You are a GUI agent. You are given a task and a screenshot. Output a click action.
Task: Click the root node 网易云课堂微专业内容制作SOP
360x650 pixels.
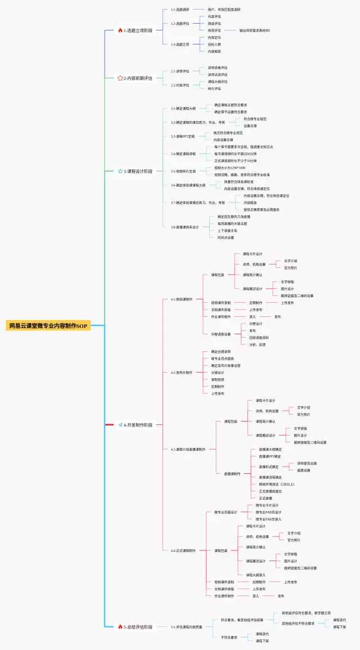click(48, 326)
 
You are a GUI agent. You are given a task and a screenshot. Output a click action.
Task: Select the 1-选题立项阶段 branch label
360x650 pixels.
click(138, 30)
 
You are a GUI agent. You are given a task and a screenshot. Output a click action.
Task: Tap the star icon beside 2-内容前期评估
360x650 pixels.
click(120, 78)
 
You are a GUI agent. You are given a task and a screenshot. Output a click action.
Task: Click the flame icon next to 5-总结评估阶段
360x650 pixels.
click(120, 626)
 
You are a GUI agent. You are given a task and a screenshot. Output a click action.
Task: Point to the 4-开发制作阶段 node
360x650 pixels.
click(138, 425)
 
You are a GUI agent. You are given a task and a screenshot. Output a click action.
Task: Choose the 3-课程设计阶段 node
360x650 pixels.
click(138, 171)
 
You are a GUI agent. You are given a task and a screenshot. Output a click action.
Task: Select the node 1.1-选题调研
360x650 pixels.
click(180, 10)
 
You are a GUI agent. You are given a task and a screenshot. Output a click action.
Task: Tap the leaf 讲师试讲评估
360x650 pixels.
click(218, 74)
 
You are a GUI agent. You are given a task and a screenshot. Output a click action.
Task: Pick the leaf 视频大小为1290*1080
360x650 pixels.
click(229, 168)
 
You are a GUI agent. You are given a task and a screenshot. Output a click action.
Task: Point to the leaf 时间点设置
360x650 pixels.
click(226, 237)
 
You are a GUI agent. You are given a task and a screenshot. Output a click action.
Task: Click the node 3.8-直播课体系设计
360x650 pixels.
click(185, 227)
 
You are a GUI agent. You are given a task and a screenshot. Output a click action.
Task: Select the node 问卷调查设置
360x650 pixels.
click(221, 334)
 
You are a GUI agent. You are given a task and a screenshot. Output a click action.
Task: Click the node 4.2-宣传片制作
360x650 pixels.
click(182, 373)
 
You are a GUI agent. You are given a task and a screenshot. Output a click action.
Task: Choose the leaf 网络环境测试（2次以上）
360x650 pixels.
click(277, 484)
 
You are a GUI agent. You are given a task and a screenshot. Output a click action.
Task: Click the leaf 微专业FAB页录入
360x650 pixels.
click(268, 519)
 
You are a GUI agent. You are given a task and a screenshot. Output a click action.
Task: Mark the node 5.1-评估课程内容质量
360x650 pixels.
click(187, 626)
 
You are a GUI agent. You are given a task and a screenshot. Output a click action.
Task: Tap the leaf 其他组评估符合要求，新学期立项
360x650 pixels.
click(306, 613)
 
